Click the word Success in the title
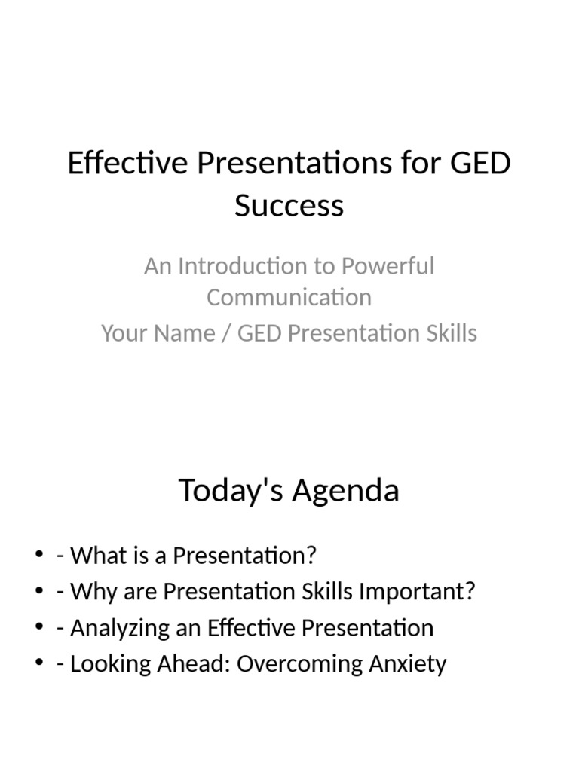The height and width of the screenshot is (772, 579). (x=289, y=205)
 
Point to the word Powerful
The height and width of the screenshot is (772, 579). (x=388, y=266)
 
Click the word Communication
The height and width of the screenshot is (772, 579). (x=289, y=297)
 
